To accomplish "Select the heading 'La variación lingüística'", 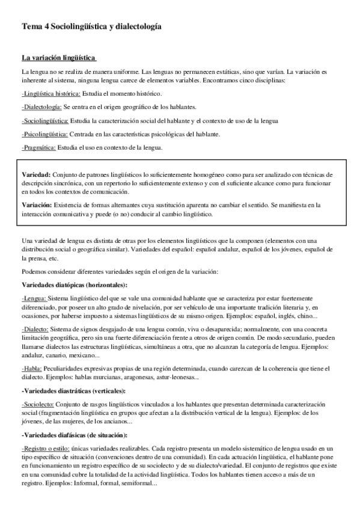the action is click(x=58, y=58).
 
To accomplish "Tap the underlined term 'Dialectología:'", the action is click(x=41, y=107).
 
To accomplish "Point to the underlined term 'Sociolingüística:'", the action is click(x=45, y=120).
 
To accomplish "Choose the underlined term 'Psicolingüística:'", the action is click(x=44, y=134).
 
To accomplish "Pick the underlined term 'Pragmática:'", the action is click(x=39, y=147).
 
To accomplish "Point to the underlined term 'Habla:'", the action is click(x=32, y=368).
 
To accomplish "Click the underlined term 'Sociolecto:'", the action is click(x=38, y=404).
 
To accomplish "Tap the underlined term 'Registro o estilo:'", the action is click(x=45, y=449).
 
